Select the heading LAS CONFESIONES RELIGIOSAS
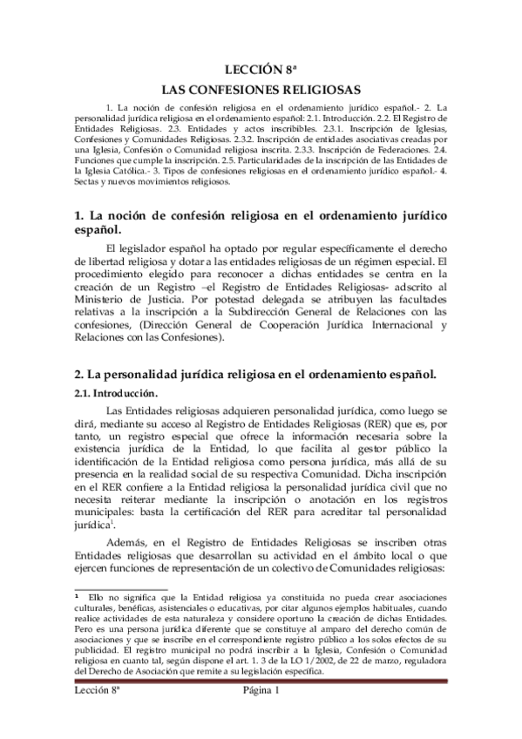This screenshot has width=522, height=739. tap(261, 90)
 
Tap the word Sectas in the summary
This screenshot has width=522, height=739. tap(89, 184)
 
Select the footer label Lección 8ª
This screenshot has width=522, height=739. tap(95, 691)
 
